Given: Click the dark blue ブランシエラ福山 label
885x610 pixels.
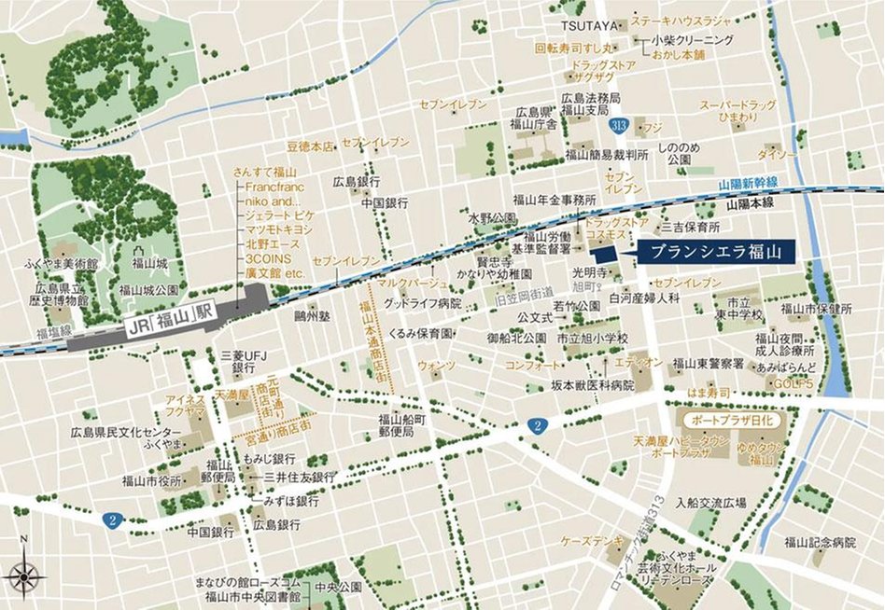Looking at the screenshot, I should click(x=716, y=251).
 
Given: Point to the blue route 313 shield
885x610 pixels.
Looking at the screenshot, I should click(x=617, y=123).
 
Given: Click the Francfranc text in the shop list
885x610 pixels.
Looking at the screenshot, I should click(x=269, y=186).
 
